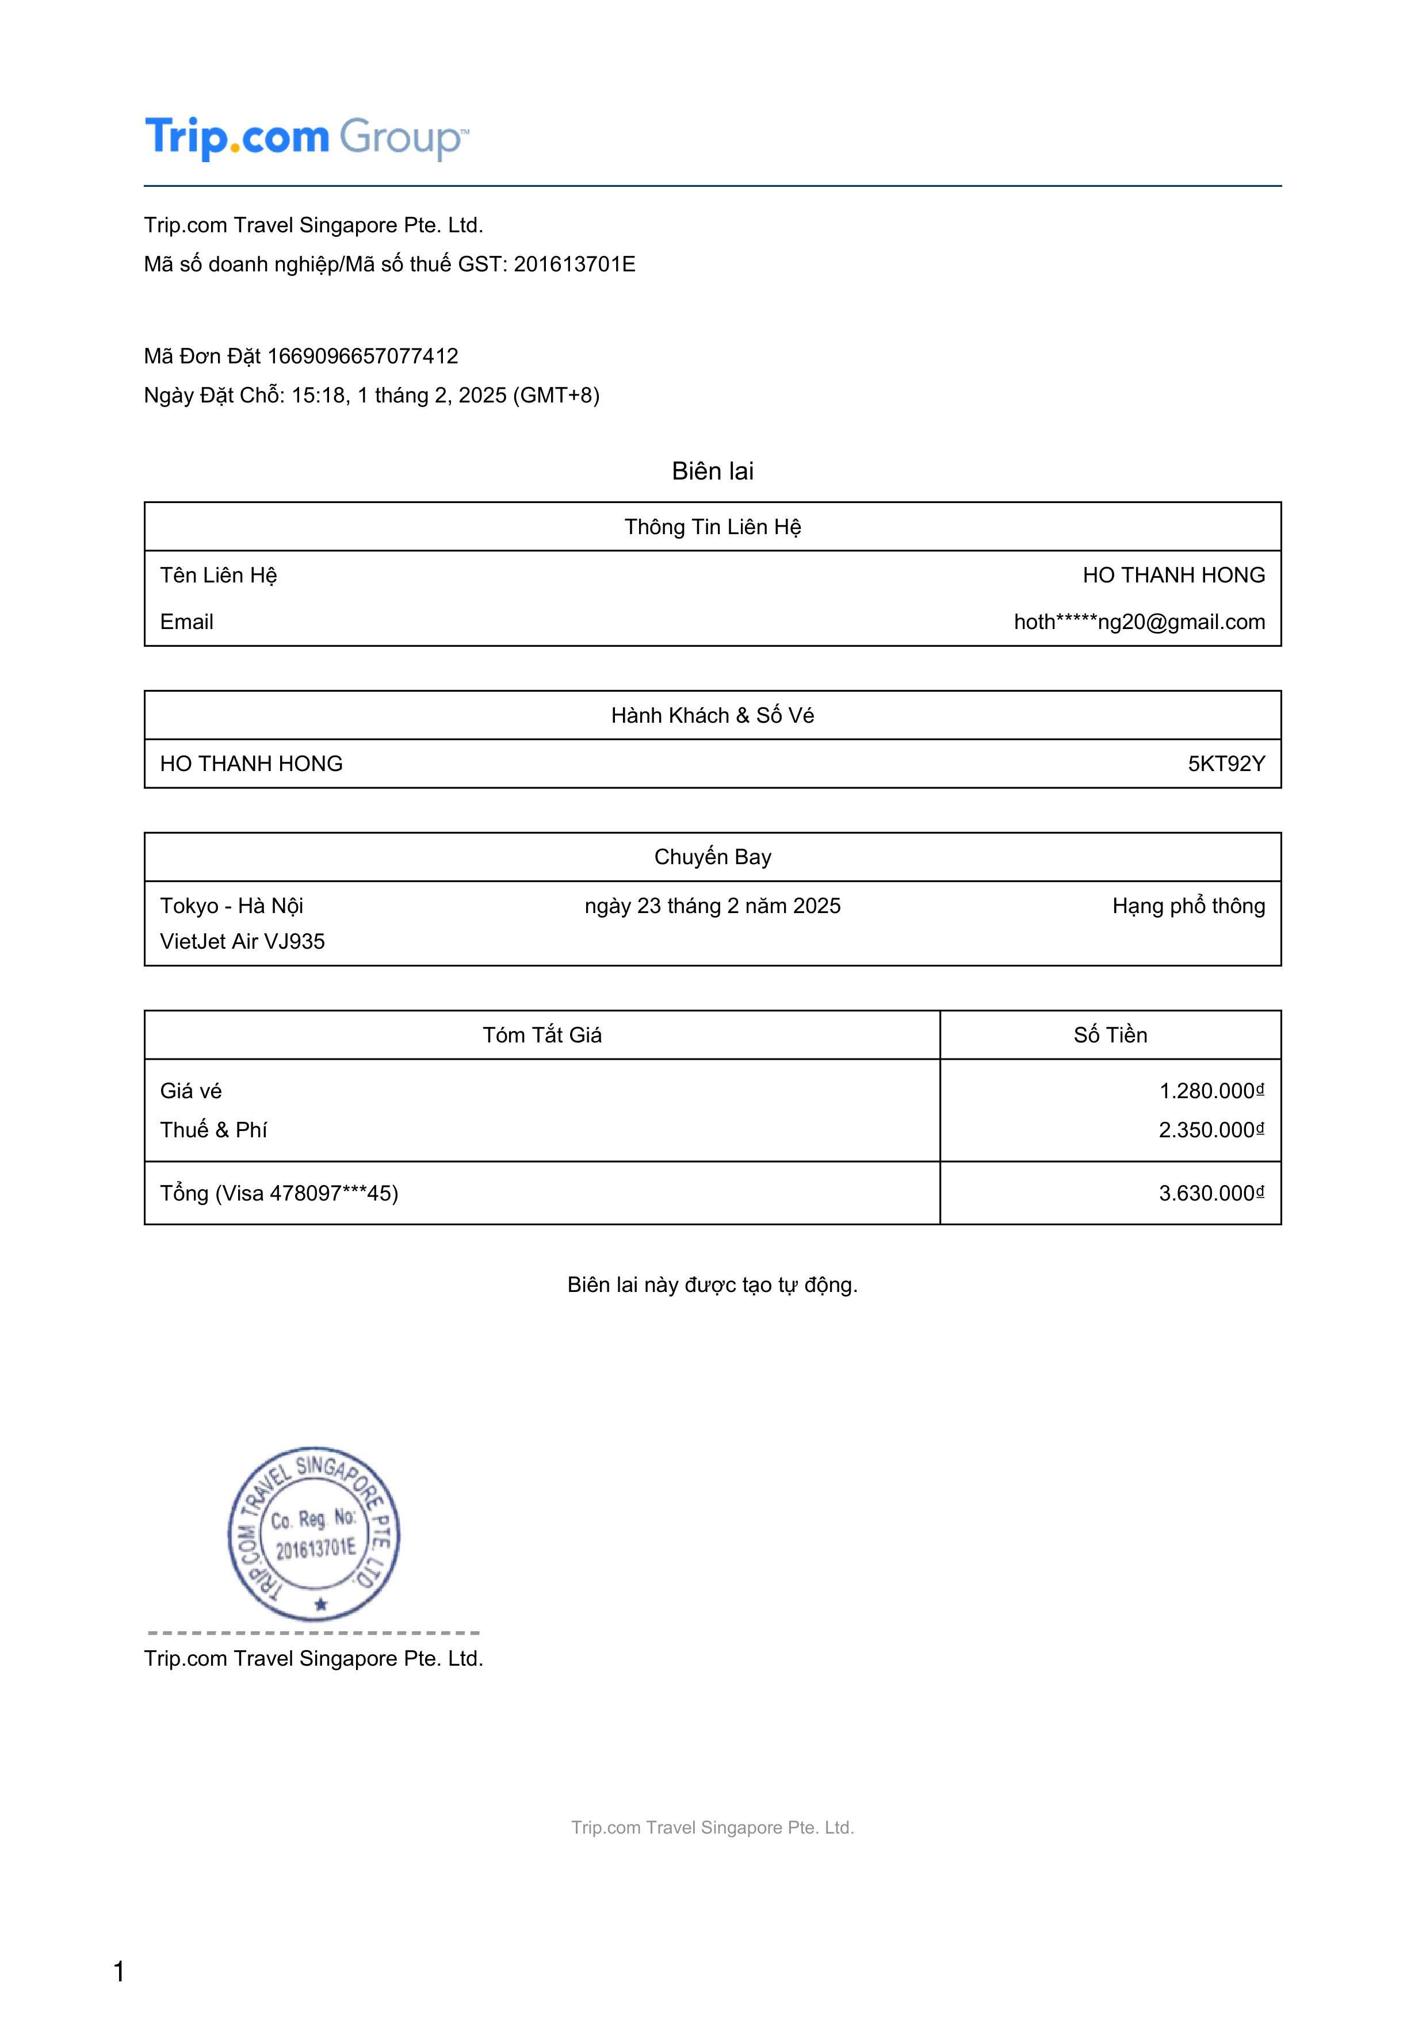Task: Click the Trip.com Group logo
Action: (307, 138)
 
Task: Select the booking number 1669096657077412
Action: (363, 356)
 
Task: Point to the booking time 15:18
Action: (318, 396)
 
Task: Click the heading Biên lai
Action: (713, 471)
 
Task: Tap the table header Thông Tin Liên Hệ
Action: (713, 527)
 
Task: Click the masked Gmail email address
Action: (1139, 622)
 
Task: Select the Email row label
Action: (186, 622)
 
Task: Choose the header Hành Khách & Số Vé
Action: (713, 715)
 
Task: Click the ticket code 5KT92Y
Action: (1226, 764)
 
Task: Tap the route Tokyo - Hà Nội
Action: (231, 906)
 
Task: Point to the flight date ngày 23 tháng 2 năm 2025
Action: (713, 906)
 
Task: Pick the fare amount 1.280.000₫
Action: (1211, 1091)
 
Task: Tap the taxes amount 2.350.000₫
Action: (1211, 1130)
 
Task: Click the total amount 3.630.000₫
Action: (1211, 1193)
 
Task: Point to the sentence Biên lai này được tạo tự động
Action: (713, 1285)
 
